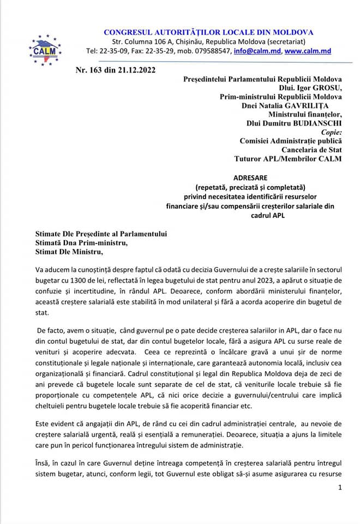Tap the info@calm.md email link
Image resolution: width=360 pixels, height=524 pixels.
click(x=257, y=52)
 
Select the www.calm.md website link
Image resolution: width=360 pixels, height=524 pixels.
click(x=307, y=52)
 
